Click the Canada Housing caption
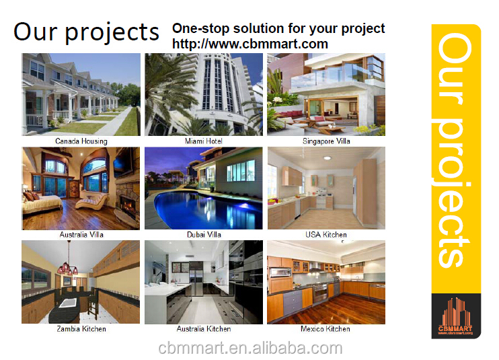81,141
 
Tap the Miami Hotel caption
204,141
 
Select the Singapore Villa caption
326,141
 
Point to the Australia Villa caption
81,235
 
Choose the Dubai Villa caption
204,235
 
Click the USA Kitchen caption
326,235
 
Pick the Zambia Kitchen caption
81,329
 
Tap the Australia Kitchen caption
204,329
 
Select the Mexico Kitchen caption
325,329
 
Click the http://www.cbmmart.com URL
250,44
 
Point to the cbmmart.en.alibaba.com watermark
250,348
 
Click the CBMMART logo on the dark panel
455,316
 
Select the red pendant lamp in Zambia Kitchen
67,268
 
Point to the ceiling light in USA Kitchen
327,157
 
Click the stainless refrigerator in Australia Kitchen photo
196,281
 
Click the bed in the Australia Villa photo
42,204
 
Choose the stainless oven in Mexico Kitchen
320,292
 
